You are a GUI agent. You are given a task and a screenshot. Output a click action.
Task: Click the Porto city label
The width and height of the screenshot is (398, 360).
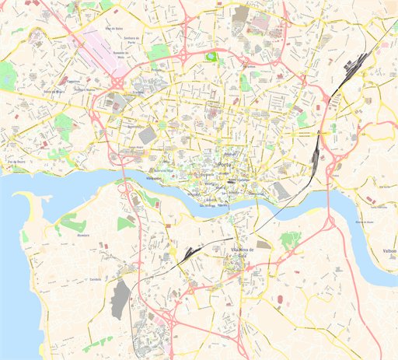[x=226, y=166]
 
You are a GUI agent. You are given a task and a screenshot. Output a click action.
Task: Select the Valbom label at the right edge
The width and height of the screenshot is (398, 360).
[x=390, y=251]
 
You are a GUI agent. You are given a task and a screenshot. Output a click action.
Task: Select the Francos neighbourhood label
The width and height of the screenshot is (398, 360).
[x=138, y=92]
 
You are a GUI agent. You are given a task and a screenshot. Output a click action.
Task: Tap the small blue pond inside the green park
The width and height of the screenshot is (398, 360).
[x=210, y=55]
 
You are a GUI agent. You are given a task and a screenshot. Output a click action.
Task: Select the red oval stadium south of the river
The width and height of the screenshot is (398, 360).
[x=278, y=298]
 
